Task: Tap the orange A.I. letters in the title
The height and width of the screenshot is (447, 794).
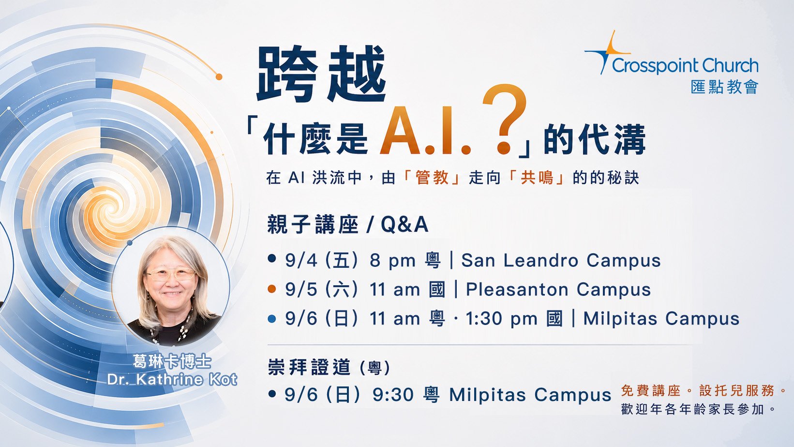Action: [x=425, y=131]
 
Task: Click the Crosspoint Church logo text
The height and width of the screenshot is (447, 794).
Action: [x=685, y=66]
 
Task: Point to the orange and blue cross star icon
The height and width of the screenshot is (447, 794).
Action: [x=607, y=52]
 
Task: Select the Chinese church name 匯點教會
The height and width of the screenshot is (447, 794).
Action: [x=724, y=87]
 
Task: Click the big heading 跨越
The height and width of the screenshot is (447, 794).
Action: [x=321, y=73]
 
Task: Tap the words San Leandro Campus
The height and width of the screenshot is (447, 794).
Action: [x=561, y=261]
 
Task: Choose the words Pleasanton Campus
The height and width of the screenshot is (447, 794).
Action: [x=558, y=290]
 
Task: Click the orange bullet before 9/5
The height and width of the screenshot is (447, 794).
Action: [x=272, y=289]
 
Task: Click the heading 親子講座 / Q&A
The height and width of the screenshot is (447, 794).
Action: [x=348, y=224]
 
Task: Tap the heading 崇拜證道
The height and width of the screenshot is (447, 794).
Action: [x=309, y=367]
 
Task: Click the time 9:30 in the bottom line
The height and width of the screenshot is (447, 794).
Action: [x=393, y=395]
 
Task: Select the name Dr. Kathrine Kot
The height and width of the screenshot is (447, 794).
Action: [x=172, y=380]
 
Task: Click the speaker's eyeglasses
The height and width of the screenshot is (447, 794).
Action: [x=171, y=274]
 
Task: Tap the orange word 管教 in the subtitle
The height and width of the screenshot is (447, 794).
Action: [x=432, y=177]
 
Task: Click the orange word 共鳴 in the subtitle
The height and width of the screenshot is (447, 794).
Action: [x=537, y=177]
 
